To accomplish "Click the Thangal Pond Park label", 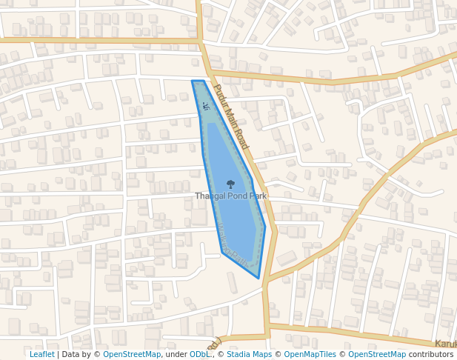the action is (230, 196).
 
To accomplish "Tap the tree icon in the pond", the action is (230, 184).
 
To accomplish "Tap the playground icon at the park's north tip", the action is (206, 106).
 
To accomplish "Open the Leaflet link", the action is (42, 354).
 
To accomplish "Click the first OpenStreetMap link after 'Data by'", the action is (131, 354).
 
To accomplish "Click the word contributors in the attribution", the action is (430, 354).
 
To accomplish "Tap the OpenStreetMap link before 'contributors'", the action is (377, 354).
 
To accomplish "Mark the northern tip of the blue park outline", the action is (193, 81).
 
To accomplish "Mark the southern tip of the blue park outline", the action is (258, 278).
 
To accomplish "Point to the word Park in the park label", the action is (257, 196).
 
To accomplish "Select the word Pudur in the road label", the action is (219, 96).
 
